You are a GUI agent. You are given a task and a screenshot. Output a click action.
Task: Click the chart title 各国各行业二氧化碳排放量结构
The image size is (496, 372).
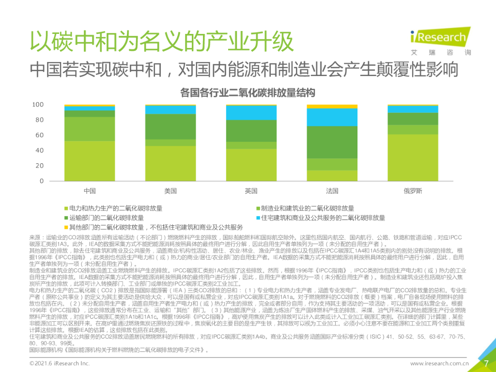tap(248, 92)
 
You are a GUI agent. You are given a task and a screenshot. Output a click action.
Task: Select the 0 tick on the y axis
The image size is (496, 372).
tap(41, 181)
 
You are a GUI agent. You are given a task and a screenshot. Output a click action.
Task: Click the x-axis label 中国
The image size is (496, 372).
tap(90, 191)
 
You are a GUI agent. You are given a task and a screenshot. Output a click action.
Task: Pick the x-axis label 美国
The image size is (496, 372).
tap(170, 191)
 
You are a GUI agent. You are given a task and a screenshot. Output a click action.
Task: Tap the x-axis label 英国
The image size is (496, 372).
tap(251, 191)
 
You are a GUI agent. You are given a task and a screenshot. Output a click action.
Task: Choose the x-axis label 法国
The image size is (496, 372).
tap(332, 191)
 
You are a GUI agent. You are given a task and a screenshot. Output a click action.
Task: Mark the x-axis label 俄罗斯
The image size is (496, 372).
tap(413, 191)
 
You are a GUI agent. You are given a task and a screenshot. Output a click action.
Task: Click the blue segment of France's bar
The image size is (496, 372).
tap(332, 117)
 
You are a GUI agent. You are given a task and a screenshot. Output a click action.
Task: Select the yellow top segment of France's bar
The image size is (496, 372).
tap(332, 106)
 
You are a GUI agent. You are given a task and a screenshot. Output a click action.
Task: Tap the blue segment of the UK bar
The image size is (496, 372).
tap(251, 112)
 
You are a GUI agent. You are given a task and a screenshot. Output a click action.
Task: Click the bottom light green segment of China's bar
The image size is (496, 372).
tap(90, 160)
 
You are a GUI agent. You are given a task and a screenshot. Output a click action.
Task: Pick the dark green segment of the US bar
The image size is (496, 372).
tap(170, 126)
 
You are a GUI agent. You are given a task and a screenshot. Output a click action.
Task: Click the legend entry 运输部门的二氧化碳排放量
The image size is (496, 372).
tap(106, 218)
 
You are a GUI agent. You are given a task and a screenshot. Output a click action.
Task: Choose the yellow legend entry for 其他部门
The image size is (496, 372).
tap(155, 227)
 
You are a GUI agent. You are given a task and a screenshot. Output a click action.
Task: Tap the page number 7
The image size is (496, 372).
tap(485, 363)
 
